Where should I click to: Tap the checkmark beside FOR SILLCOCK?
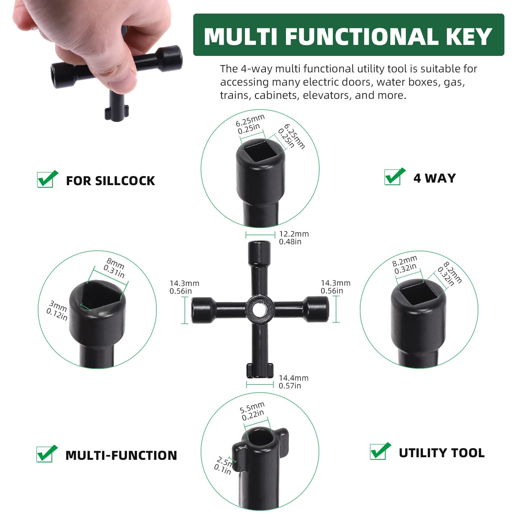[47, 179]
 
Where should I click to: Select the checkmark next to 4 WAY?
[395, 177]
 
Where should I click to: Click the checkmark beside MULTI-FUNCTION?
[47, 454]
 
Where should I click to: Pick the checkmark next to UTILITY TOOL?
[380, 451]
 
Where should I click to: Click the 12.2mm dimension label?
[293, 237]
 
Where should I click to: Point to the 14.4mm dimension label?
[293, 382]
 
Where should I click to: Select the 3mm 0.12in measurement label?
[57, 310]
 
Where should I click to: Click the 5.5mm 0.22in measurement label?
[252, 411]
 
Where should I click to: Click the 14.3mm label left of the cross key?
[184, 287]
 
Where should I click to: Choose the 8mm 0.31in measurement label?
[114, 268]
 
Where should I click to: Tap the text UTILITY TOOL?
[441, 453]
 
